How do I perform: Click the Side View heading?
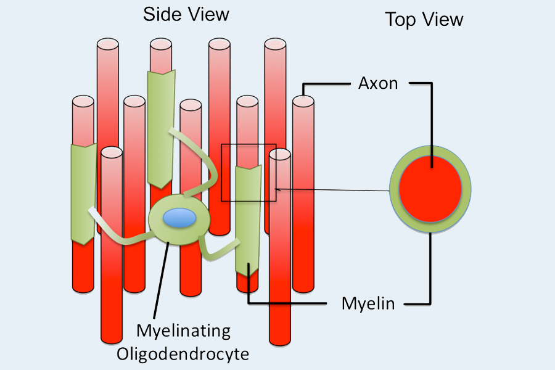[186, 14]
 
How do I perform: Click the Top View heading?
[424, 19]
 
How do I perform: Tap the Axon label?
[378, 83]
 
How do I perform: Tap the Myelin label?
[368, 304]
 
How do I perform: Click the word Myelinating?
[183, 331]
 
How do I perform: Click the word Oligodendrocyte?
[183, 354]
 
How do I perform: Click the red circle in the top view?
[430, 187]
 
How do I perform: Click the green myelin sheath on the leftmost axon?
[83, 191]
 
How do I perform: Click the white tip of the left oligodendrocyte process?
[93, 212]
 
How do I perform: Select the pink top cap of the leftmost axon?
[83, 100]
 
